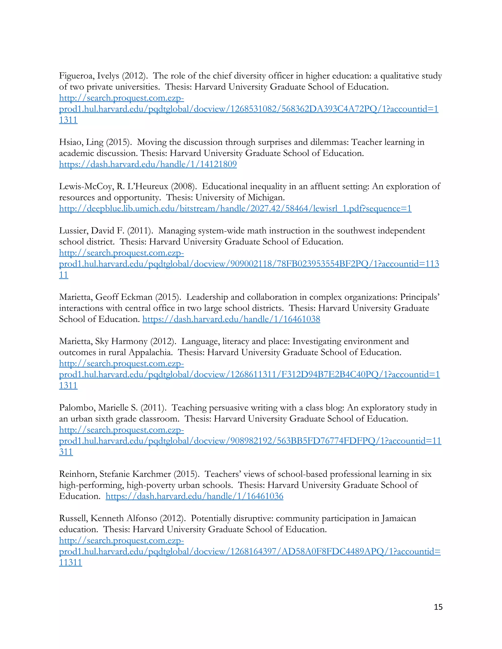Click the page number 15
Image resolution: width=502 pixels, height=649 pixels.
point(438,607)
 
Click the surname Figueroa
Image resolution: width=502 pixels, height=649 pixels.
point(76,76)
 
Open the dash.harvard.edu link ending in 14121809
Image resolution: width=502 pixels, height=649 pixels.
point(148,164)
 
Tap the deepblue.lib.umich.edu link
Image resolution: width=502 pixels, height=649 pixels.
point(235,208)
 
